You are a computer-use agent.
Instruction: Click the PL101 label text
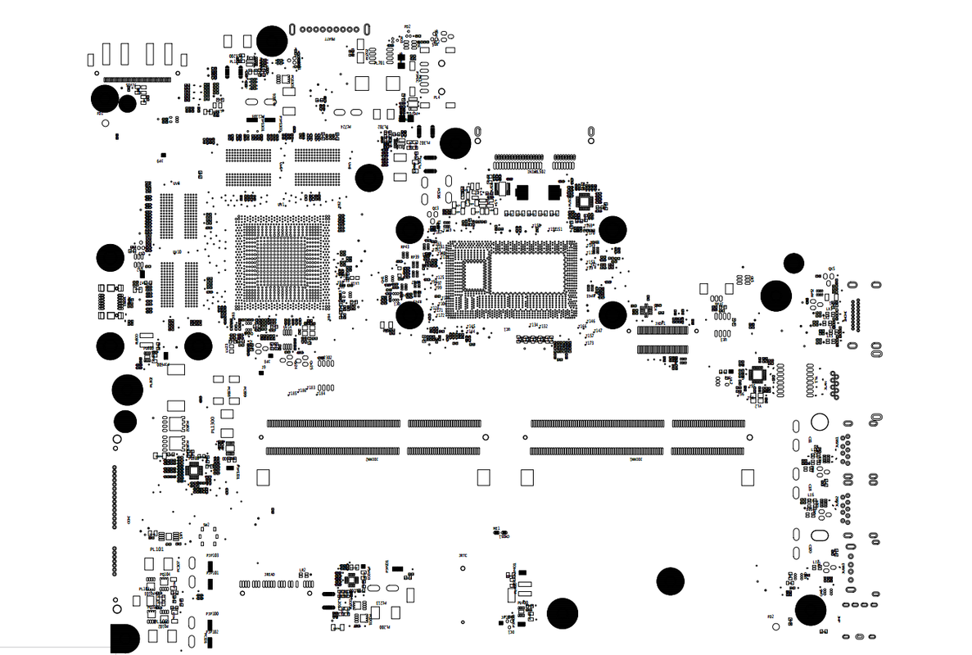(156, 549)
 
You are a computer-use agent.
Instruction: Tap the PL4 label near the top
(436, 97)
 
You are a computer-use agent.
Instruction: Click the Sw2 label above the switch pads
(206, 525)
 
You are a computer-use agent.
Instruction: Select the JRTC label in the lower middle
(463, 555)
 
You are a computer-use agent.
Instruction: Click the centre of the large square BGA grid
(282, 262)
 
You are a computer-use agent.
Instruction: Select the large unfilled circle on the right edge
(819, 422)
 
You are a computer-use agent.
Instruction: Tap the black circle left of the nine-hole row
(272, 40)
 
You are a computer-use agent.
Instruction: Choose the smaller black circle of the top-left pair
(127, 104)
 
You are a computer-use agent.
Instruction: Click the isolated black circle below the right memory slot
(670, 580)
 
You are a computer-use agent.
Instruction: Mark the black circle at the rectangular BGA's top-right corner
(613, 229)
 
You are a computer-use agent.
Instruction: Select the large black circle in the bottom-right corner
(810, 610)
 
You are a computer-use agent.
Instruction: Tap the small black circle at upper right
(793, 263)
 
